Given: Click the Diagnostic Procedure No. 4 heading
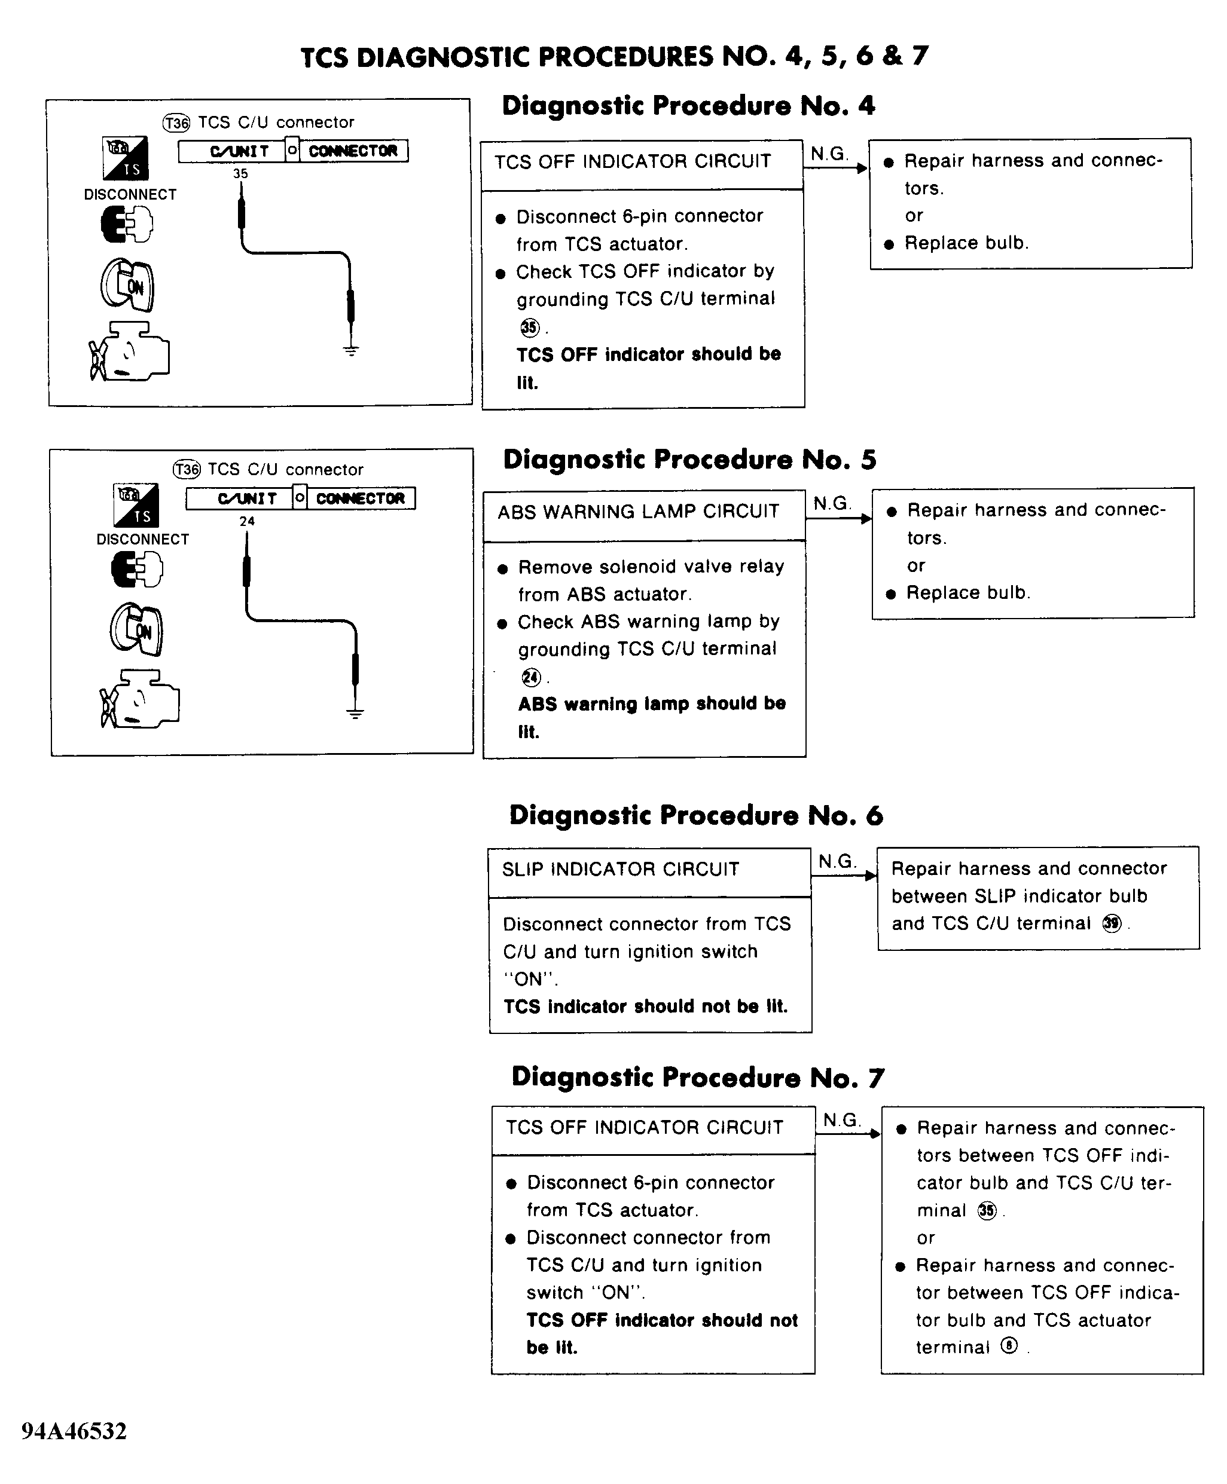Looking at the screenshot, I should point(688,106).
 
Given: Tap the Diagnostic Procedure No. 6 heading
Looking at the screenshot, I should point(695,815).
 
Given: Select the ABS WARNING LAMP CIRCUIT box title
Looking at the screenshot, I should point(638,512).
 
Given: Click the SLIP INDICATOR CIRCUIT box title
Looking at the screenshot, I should point(621,870).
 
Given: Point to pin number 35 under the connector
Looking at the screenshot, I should point(240,174).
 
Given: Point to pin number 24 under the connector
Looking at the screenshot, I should point(247,521).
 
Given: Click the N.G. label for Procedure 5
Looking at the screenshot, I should point(832,504).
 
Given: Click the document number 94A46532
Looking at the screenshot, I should point(74,1430).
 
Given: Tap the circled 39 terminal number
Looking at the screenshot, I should point(1112,923).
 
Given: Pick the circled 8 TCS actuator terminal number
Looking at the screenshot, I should point(1009,1347).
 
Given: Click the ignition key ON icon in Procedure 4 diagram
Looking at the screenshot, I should point(127,284).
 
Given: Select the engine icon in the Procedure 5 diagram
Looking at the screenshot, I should point(140,699).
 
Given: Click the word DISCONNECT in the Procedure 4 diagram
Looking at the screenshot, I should point(130,195).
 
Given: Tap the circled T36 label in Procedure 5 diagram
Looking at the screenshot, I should point(187,470).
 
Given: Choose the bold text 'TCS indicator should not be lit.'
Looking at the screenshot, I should point(645,1006).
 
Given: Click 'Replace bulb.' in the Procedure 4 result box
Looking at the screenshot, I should point(966,244).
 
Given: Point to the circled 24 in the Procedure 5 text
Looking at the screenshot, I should point(531,677).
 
